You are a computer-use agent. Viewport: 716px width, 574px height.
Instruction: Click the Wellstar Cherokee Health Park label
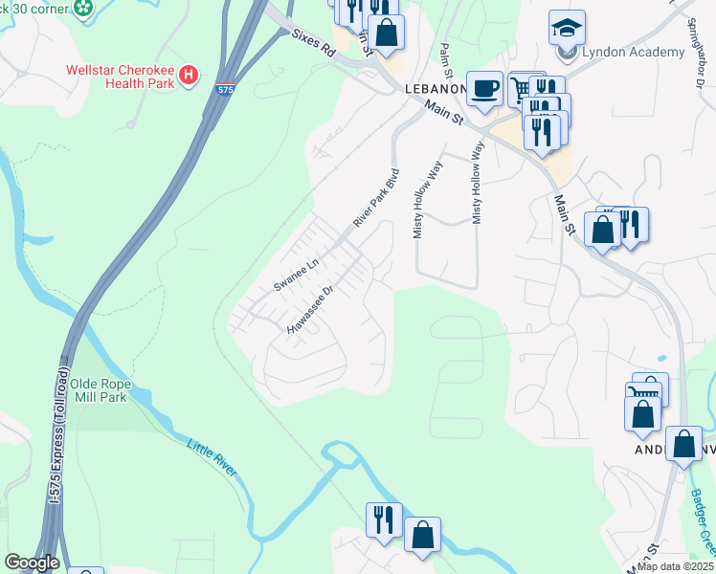120,77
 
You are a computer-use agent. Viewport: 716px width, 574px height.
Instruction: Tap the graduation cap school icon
567,28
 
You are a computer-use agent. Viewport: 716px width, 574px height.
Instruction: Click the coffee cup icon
484,88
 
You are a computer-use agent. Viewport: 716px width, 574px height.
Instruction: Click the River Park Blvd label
375,200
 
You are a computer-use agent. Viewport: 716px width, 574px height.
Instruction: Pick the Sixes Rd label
314,44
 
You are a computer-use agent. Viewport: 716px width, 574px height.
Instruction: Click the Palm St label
445,60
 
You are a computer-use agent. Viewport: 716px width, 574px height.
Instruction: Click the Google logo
31,563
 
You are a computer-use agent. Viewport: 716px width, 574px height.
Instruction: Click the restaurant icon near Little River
384,520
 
